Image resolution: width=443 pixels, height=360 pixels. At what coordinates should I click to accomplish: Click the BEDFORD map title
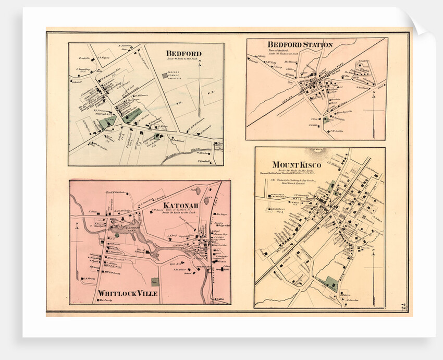click(x=183, y=53)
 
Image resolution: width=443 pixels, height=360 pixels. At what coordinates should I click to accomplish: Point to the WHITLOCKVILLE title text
click(x=124, y=294)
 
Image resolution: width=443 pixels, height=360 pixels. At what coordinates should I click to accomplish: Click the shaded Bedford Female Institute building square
click(x=165, y=76)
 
